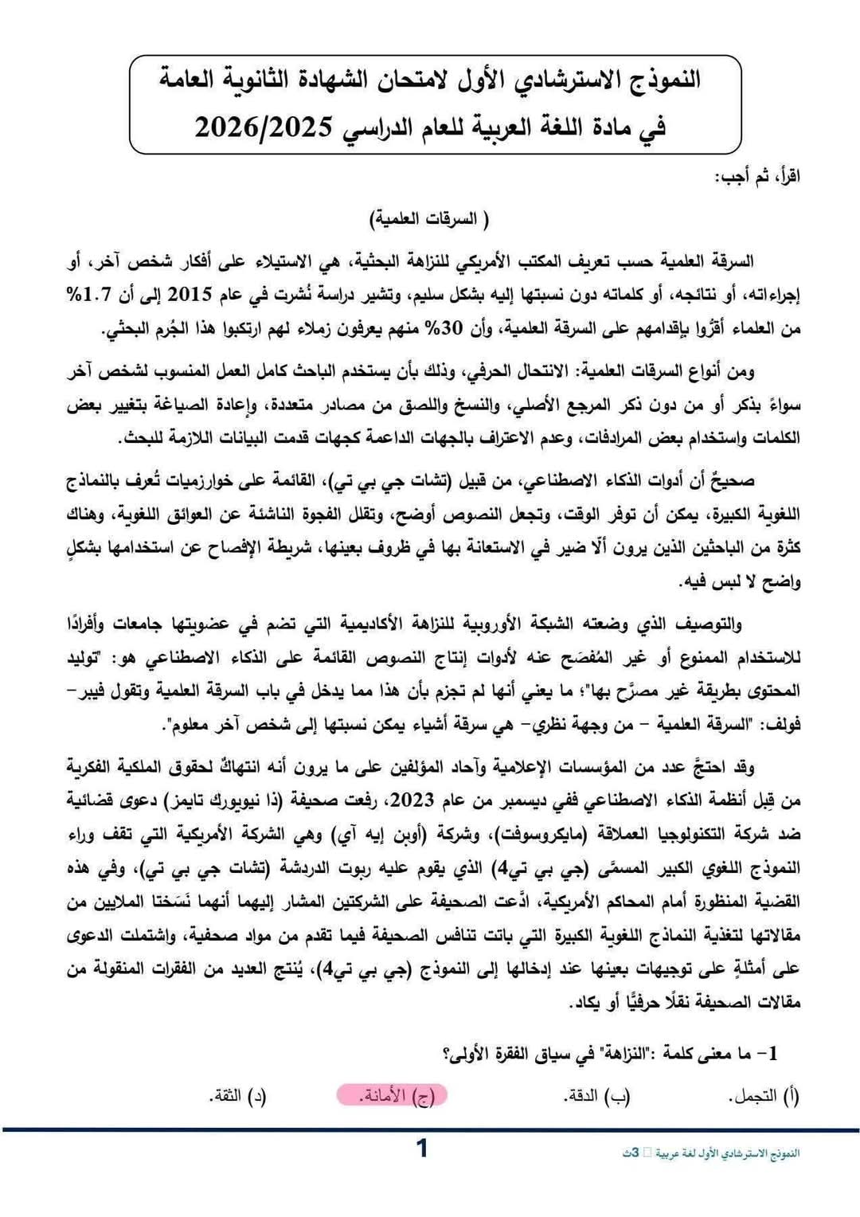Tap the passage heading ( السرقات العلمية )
429,218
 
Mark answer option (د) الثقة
238,1096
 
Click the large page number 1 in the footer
422,1148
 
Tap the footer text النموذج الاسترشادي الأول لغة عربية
726,1153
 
